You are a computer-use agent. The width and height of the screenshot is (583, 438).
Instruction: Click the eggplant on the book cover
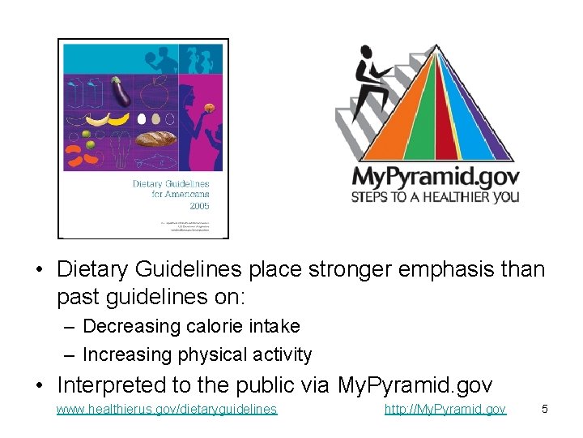[122, 91]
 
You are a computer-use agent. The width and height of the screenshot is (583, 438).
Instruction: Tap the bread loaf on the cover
[155, 139]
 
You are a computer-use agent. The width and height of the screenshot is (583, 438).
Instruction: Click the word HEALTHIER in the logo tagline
[453, 197]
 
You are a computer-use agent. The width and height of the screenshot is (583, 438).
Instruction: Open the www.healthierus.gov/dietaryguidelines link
[167, 410]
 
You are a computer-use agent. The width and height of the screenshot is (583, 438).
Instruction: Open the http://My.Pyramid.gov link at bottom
[445, 410]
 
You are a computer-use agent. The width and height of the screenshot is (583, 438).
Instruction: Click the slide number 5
[545, 409]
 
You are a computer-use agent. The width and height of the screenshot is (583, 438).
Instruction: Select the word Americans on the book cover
[189, 195]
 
